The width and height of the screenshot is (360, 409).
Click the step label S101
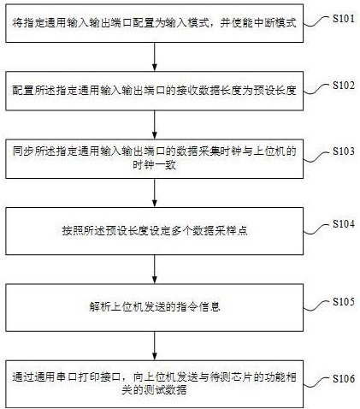pyautogui.click(x=344, y=19)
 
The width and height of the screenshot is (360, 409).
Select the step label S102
pyautogui.click(x=344, y=86)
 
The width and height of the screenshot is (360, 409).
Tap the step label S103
pyautogui.click(x=344, y=151)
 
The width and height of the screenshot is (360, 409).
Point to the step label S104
pyautogui.click(x=344, y=224)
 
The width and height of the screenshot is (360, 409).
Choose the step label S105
pyautogui.click(x=344, y=301)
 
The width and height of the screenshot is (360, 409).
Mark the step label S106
pyautogui.click(x=344, y=379)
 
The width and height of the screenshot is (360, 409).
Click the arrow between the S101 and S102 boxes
pyautogui.click(x=155, y=56)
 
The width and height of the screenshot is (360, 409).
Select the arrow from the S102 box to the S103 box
pyautogui.click(x=155, y=125)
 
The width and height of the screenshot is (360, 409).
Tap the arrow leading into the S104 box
pyautogui.click(x=155, y=193)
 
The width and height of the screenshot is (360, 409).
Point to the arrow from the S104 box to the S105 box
pyautogui.click(x=155, y=269)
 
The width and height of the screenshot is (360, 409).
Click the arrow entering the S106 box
pyautogui.click(x=155, y=346)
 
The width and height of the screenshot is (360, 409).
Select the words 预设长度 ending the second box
pyautogui.click(x=274, y=91)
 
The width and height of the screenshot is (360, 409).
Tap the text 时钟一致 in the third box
pyautogui.click(x=154, y=165)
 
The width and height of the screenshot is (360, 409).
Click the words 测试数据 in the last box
pyautogui.click(x=165, y=390)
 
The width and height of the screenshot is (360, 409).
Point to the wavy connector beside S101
pyautogui.click(x=317, y=21)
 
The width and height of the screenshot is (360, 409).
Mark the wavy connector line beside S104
pyautogui.click(x=317, y=229)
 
